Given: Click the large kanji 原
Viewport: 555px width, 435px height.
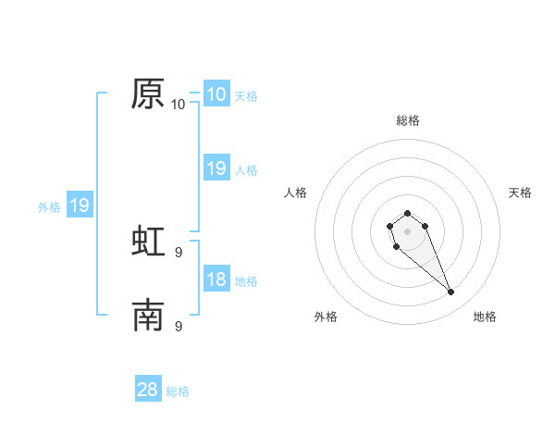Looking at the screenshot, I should coord(149,93).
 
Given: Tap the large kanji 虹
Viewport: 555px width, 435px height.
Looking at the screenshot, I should coord(149,241).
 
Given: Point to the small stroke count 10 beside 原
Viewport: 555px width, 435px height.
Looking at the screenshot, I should coord(179,105).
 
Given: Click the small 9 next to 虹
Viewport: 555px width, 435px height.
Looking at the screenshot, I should coord(179,251).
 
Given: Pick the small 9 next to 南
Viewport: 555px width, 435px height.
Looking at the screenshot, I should coord(179,327).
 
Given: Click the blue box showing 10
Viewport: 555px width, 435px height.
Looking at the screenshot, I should coord(216,93).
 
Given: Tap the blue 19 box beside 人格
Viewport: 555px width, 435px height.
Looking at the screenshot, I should coord(216,168).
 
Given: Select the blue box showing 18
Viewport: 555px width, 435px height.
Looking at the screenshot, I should coord(216,280).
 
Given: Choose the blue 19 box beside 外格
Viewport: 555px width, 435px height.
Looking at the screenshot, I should coord(79,205).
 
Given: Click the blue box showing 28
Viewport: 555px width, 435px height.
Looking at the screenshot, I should coord(148,390).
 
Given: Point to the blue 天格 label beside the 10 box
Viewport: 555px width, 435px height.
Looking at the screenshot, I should coord(246,95).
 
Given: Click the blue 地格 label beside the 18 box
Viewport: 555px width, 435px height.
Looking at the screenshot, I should coord(246,281).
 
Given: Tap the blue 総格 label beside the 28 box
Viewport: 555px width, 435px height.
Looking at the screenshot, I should coord(178,391).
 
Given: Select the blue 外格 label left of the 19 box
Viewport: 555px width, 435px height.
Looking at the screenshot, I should coord(49,207).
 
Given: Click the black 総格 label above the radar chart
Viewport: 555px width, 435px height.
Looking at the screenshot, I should coord(408,120).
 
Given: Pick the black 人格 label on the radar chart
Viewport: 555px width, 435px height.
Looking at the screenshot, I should coord(295,193).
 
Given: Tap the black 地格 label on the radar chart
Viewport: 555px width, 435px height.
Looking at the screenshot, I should coord(485,317).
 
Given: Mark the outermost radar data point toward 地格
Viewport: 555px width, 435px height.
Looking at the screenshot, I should coord(450,292).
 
